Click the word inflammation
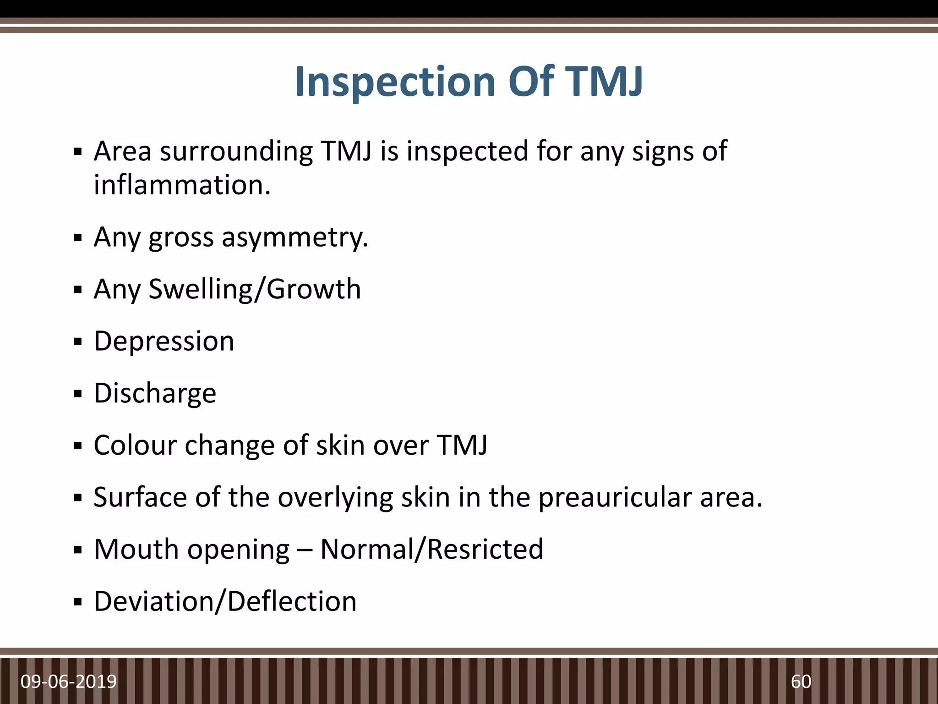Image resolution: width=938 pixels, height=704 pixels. pyautogui.click(x=182, y=185)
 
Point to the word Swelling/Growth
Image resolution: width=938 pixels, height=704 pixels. pyautogui.click(x=255, y=289)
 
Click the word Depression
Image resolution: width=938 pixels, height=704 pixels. pyautogui.click(x=164, y=341)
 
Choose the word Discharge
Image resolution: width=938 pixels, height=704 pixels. pyautogui.click(x=155, y=393)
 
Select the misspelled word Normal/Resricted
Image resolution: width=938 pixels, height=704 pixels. pyautogui.click(x=431, y=549)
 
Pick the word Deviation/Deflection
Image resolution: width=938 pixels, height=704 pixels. pyautogui.click(x=225, y=601)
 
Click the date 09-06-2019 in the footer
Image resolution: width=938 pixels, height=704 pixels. pyautogui.click(x=69, y=682)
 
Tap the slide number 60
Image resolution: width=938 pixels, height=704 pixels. pyautogui.click(x=801, y=682)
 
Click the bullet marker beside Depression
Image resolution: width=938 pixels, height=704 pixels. pyautogui.click(x=78, y=342)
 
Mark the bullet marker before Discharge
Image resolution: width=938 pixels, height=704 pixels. pyautogui.click(x=78, y=394)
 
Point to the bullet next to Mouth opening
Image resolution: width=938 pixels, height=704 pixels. pyautogui.click(x=78, y=550)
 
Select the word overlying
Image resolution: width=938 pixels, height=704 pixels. pyautogui.click(x=335, y=497)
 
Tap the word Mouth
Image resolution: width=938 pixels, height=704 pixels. pyautogui.click(x=136, y=549)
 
